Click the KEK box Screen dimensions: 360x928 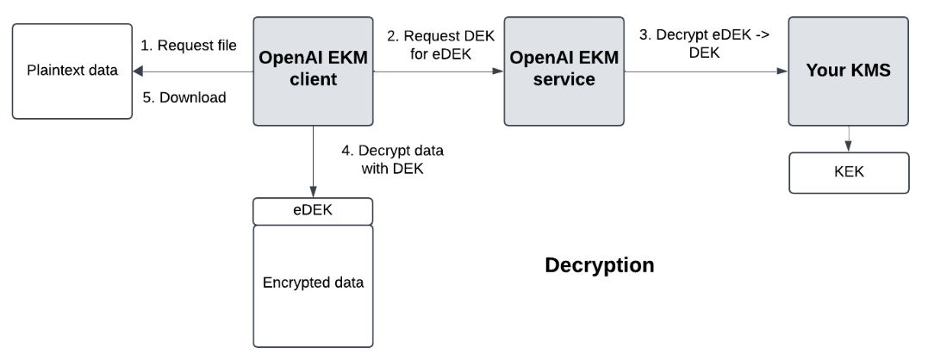849,173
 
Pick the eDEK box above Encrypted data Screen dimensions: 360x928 312,210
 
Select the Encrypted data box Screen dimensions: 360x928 312,284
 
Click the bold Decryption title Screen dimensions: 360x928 599,265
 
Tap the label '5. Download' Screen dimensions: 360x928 184,97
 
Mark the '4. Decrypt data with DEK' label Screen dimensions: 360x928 394,159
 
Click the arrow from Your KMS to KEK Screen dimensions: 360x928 849,140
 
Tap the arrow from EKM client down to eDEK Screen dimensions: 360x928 312,164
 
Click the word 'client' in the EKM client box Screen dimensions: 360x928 312,83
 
